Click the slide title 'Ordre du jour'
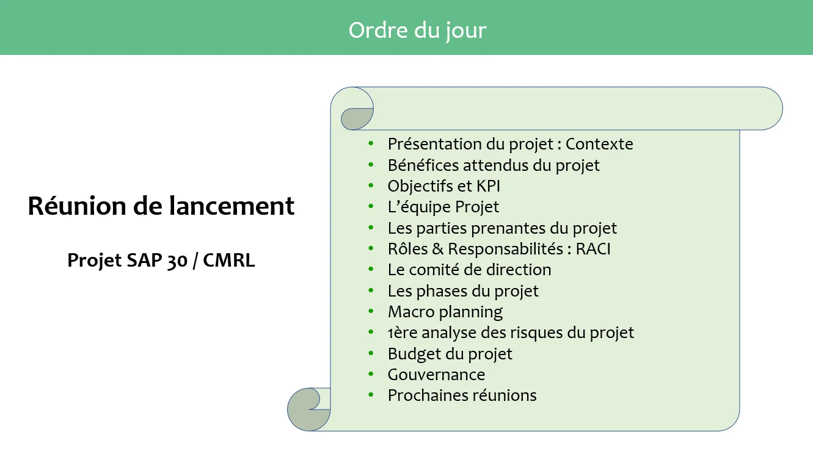click(x=417, y=31)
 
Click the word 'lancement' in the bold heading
click(x=232, y=206)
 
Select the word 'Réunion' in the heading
click(x=78, y=206)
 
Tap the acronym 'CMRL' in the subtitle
click(x=228, y=260)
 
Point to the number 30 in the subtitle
click(x=177, y=261)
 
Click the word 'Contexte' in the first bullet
click(x=599, y=144)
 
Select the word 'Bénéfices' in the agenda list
click(x=423, y=165)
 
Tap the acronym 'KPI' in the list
click(x=488, y=186)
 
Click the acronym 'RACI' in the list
click(x=593, y=249)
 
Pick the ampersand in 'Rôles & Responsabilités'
click(x=438, y=249)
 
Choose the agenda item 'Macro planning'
click(x=445, y=312)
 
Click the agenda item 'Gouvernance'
click(x=436, y=375)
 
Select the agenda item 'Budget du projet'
click(x=450, y=354)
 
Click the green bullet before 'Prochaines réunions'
click(x=371, y=395)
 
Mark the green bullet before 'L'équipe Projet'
click(x=371, y=207)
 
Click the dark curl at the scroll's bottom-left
click(x=303, y=417)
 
